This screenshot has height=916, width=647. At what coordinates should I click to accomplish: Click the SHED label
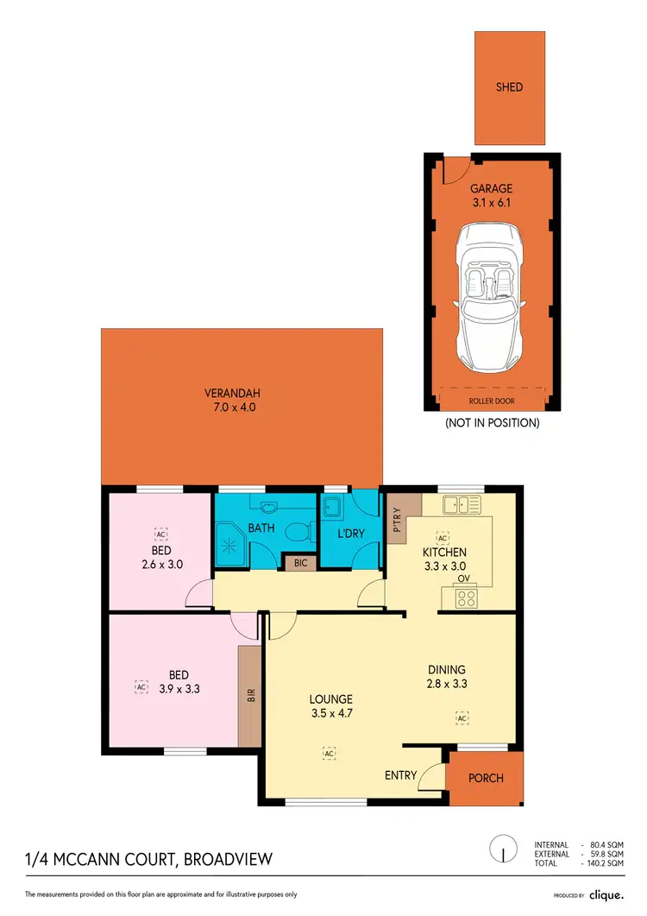pos(509,87)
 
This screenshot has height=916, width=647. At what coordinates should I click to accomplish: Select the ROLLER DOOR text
pos(491,401)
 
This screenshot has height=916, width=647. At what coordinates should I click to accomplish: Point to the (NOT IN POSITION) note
pos(492,423)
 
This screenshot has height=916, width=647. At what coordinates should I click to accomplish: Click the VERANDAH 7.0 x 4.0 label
pos(241,402)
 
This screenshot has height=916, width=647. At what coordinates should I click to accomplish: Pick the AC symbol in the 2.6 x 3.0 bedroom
pos(160,533)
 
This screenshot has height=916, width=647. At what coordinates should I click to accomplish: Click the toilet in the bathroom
pos(298,534)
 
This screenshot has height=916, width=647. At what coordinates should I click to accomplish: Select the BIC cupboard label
pos(300,562)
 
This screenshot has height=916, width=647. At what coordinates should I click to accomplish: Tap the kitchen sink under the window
pos(461,503)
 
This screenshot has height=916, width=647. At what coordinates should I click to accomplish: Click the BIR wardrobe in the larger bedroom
pos(250,694)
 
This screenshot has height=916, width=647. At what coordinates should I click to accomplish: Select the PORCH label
pos(486,778)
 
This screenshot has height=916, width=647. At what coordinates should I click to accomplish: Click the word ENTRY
pos(401,775)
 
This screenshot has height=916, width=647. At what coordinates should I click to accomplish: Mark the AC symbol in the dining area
pos(462,717)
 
